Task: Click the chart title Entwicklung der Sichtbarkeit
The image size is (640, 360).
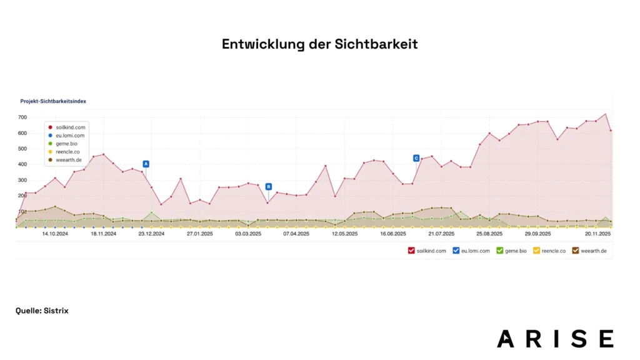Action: click(x=319, y=44)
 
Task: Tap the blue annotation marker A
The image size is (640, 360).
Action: click(x=146, y=164)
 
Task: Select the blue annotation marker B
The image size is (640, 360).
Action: click(x=268, y=186)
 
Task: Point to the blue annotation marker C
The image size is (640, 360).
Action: click(x=416, y=158)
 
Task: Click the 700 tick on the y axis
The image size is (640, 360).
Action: click(x=22, y=117)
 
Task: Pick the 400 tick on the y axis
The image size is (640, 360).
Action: click(x=22, y=164)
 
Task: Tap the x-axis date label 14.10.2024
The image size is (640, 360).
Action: click(x=54, y=234)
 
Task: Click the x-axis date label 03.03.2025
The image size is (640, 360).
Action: click(x=248, y=234)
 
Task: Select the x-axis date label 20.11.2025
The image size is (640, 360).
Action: click(x=597, y=234)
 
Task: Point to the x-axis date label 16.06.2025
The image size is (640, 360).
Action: click(x=392, y=234)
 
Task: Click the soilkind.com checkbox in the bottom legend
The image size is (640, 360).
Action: click(x=411, y=251)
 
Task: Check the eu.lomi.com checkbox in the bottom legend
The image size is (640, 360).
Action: click(x=456, y=251)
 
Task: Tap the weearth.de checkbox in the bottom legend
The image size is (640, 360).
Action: click(x=576, y=251)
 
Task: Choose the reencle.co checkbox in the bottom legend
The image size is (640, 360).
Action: click(x=536, y=251)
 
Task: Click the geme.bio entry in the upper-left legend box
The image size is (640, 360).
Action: click(x=66, y=143)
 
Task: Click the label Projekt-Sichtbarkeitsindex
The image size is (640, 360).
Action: click(x=53, y=101)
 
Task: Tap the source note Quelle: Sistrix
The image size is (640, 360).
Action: click(x=42, y=311)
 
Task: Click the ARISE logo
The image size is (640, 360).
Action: click(x=555, y=338)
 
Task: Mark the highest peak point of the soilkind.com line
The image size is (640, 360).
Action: click(x=605, y=114)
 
